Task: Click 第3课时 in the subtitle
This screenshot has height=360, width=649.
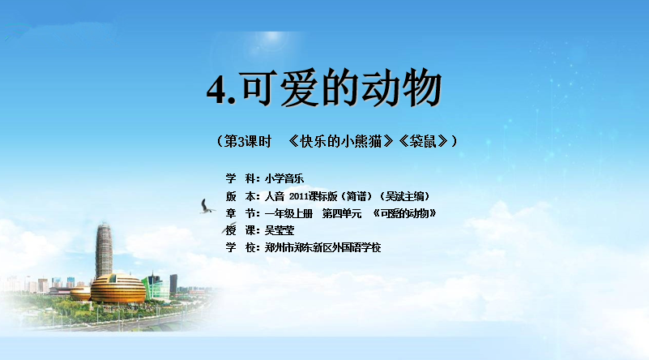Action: click(247, 142)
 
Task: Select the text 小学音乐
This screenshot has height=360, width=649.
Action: click(284, 178)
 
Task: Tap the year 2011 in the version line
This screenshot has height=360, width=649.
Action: click(299, 196)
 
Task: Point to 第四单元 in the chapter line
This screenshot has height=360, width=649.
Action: click(342, 214)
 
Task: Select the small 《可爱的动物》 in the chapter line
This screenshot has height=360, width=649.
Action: click(404, 214)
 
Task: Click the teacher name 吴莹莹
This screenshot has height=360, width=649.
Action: click(280, 231)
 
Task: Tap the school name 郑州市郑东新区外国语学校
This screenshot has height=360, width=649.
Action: click(322, 248)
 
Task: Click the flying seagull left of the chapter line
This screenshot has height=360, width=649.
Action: click(207, 207)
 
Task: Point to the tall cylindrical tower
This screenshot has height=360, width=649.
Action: click(104, 251)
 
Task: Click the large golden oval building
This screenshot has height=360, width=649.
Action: click(118, 289)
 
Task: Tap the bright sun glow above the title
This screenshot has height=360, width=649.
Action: click(273, 38)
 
